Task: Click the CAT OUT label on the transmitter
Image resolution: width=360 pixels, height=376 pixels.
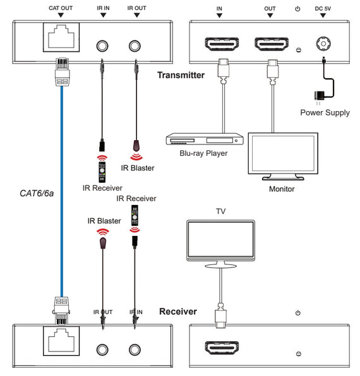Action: point(61,9)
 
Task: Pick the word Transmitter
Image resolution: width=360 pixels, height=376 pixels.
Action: point(181,75)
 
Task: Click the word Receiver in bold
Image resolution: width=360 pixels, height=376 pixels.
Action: point(178,312)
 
